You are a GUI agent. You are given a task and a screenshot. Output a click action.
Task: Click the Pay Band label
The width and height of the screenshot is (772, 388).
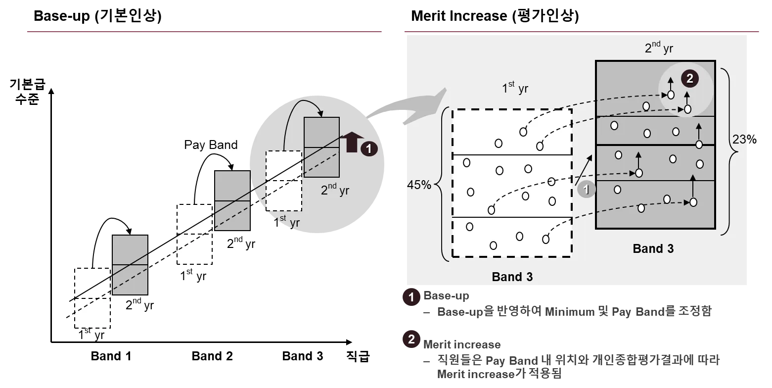pos(211,145)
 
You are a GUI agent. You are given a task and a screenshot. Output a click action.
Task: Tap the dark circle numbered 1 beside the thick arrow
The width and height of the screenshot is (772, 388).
pos(369,148)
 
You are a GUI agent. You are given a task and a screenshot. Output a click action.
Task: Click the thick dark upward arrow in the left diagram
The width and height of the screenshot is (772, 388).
pos(352,142)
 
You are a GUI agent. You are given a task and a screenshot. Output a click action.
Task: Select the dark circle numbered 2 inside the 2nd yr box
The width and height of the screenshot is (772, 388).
pos(689,78)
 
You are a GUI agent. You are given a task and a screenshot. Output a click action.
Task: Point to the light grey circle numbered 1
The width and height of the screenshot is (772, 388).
pos(586,189)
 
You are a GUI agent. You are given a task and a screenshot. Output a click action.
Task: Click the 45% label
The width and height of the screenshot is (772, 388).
pos(419,185)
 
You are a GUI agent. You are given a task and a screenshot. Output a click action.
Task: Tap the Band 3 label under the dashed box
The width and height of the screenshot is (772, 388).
pos(512,277)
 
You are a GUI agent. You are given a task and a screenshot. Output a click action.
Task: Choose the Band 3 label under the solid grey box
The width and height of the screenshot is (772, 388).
pos(653,248)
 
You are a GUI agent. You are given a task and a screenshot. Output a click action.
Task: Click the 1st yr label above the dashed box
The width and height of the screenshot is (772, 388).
pos(515,88)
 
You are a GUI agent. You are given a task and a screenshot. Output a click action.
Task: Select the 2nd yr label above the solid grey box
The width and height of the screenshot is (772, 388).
pos(658,48)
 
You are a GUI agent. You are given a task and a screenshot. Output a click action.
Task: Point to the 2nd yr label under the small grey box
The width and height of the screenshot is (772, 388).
pos(335,190)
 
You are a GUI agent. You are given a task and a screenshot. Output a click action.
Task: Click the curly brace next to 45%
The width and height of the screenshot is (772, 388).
pos(444,184)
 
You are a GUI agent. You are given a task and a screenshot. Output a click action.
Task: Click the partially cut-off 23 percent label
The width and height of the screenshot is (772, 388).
pos(740,140)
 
